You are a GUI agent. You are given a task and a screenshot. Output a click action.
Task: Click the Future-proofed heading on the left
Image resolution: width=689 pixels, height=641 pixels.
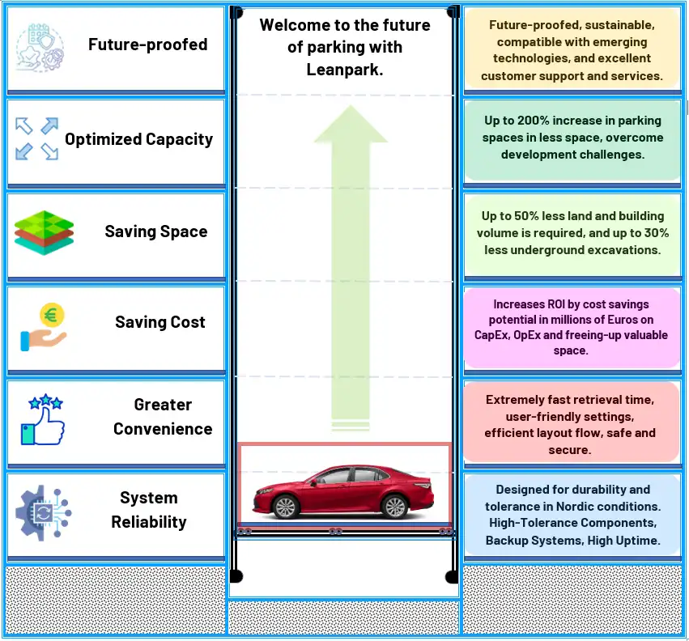pyautogui.click(x=147, y=45)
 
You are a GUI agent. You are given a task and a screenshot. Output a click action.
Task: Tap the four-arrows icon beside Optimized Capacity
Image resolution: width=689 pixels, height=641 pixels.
pyautogui.click(x=36, y=139)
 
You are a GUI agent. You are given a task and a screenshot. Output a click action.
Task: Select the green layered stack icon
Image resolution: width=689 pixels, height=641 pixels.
pyautogui.click(x=44, y=233)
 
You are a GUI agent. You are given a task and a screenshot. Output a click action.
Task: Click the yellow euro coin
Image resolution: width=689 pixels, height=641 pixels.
pyautogui.click(x=52, y=315)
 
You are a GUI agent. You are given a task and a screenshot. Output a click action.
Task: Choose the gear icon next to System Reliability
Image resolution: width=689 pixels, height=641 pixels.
pyautogui.click(x=43, y=512)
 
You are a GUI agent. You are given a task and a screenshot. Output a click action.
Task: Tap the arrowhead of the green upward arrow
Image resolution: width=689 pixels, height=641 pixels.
pyautogui.click(x=351, y=124)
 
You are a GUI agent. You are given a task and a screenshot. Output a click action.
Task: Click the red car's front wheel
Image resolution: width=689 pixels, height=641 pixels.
pyautogui.click(x=285, y=507)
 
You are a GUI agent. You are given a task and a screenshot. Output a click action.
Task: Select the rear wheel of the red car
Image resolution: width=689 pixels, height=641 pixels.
pyautogui.click(x=394, y=507)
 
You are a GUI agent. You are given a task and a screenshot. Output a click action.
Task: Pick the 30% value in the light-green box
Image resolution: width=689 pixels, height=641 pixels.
pyautogui.click(x=657, y=233)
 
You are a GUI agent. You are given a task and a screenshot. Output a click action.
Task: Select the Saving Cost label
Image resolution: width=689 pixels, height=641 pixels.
pyautogui.click(x=160, y=322)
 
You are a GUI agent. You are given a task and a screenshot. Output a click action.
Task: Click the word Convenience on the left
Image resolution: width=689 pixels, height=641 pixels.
pyautogui.click(x=163, y=429)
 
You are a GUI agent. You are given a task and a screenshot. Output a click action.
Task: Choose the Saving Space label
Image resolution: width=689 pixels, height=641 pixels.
pyautogui.click(x=156, y=231)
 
